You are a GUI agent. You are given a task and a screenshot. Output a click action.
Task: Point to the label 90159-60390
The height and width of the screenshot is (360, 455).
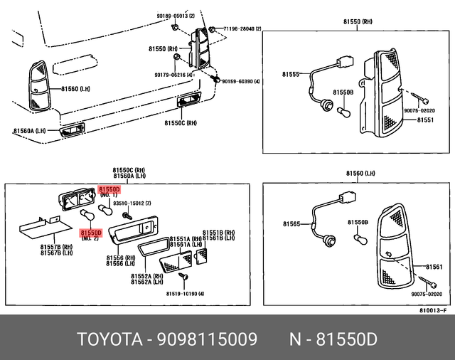click(241, 82)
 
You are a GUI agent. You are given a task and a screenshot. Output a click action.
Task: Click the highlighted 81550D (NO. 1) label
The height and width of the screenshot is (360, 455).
click(109, 190)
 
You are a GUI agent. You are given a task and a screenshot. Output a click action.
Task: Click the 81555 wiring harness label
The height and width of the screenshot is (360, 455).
click(290, 73)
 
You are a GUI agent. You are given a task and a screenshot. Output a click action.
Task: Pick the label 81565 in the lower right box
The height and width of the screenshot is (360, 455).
click(291, 223)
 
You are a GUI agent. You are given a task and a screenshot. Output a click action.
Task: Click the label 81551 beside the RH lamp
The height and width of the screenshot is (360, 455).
click(425, 120)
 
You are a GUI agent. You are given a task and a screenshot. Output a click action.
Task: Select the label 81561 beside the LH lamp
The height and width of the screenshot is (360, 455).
click(433, 267)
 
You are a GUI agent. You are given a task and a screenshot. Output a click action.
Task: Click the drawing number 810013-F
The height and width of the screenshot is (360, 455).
click(432, 309)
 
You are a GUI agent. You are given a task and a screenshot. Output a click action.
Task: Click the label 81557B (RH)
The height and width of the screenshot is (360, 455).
click(54, 246)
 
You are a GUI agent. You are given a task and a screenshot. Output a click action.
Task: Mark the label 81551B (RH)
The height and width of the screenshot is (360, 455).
click(218, 233)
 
